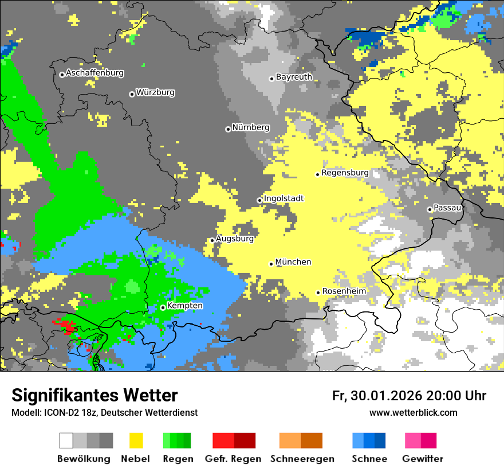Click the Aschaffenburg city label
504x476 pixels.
pyautogui.click(x=94, y=73)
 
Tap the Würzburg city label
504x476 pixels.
pyautogui.click(x=155, y=93)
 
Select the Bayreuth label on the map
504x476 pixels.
pyautogui.click(x=294, y=77)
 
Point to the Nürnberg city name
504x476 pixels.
pyautogui.click(x=250, y=128)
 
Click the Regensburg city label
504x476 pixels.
pyautogui.click(x=345, y=173)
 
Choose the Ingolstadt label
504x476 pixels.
pyautogui.click(x=283, y=199)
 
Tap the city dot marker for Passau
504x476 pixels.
pyautogui.click(x=430, y=209)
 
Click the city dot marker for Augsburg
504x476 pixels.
pyautogui.click(x=212, y=240)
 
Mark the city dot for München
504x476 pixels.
pyautogui.click(x=271, y=264)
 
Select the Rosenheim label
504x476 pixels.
pyautogui.click(x=344, y=291)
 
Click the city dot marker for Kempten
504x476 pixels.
pyautogui.click(x=163, y=307)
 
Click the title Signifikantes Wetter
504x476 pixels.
pyautogui.click(x=94, y=396)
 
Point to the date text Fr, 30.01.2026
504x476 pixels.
pyautogui.click(x=377, y=396)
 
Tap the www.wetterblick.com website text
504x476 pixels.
pyautogui.click(x=413, y=413)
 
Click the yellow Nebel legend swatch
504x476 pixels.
pyautogui.click(x=136, y=440)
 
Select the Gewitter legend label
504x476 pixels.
pyautogui.click(x=422, y=459)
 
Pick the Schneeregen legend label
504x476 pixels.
pyautogui.click(x=302, y=459)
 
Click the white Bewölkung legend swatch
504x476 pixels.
pyautogui.click(x=66, y=440)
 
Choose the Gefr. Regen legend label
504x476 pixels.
pyautogui.click(x=233, y=459)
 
